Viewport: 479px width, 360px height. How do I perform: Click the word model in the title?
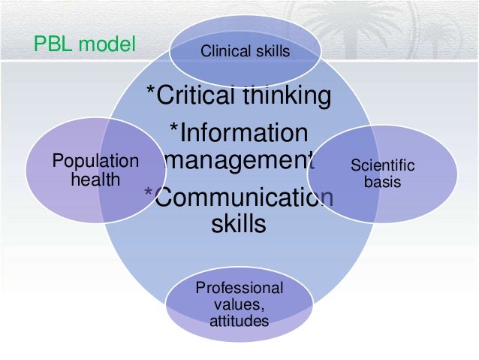107,45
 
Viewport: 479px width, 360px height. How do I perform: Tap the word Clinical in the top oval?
224,51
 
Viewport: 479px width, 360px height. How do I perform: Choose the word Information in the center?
243,132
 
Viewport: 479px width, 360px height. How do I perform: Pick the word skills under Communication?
236,224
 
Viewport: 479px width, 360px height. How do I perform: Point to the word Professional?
239,289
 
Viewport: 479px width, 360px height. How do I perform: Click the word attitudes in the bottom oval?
239,322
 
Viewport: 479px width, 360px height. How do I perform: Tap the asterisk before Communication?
148,192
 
